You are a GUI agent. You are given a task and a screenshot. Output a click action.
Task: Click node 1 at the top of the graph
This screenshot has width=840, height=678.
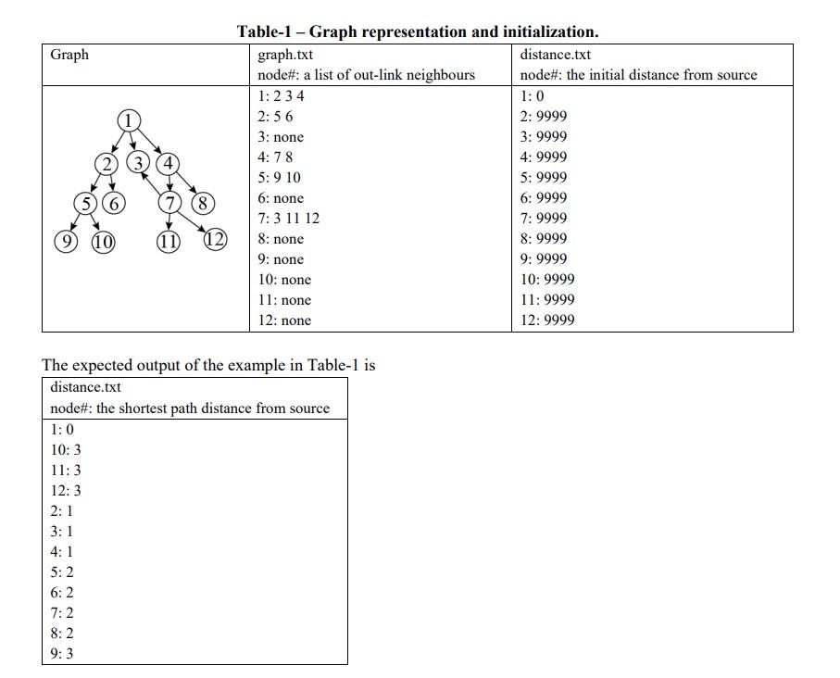pos(130,119)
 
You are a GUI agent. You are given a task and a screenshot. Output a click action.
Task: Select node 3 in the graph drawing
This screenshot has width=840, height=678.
pos(139,164)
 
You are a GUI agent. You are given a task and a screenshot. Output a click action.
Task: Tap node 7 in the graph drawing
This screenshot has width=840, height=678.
pos(169,203)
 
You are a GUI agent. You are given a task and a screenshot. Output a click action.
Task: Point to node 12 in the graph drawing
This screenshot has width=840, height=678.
pos(215,240)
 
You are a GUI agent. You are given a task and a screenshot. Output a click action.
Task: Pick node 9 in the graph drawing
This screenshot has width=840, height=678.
pos(65,243)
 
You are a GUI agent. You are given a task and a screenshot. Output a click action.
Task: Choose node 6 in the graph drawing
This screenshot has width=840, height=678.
pos(114,204)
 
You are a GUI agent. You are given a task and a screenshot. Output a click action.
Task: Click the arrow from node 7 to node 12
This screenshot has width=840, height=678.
pos(192,221)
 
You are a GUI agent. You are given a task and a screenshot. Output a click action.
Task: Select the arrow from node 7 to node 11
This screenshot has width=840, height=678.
pos(169,222)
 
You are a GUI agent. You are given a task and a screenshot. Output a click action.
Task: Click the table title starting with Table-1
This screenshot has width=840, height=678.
pos(417,31)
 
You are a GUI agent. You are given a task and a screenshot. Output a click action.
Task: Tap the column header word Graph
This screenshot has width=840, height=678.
pos(69,55)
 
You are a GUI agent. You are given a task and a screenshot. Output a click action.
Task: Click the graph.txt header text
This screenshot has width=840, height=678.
pos(285,55)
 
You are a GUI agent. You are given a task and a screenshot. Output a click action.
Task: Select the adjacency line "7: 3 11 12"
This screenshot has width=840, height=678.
pos(289,219)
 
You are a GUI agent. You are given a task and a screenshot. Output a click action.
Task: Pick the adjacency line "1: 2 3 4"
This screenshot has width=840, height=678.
pos(282,96)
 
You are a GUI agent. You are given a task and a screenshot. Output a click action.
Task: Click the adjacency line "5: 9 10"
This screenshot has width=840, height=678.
pos(279,178)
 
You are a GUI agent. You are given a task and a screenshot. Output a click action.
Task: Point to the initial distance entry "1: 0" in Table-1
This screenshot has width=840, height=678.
pos(533,96)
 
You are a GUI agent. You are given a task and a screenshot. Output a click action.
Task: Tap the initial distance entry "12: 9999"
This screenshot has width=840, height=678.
pos(547,320)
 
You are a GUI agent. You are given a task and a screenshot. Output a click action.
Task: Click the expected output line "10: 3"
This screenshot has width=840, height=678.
pos(66,450)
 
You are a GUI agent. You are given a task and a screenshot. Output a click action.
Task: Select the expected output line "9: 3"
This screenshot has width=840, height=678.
pos(62,654)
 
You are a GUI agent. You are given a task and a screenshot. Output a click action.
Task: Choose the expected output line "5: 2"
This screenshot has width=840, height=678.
pos(62,572)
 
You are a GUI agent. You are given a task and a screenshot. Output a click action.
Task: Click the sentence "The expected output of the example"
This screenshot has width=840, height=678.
pos(208,365)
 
